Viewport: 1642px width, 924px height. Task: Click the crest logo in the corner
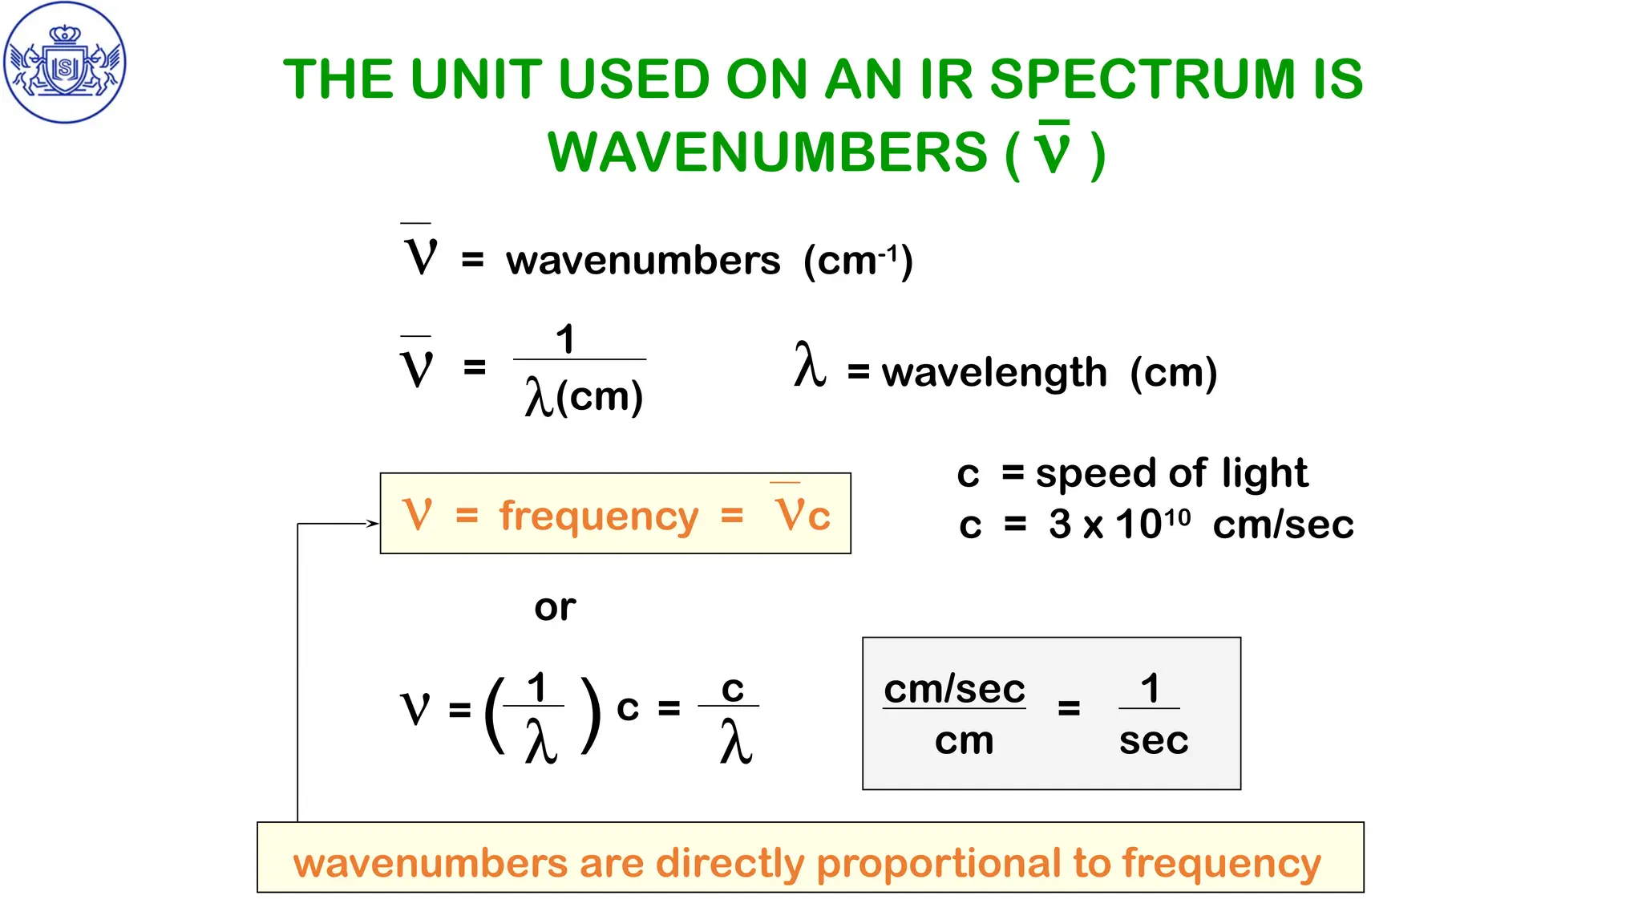point(65,63)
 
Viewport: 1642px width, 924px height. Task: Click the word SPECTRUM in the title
point(1142,79)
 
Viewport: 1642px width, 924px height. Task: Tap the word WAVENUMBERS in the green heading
point(767,152)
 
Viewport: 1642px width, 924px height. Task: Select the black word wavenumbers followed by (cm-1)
point(642,261)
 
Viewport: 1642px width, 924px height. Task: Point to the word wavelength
point(994,373)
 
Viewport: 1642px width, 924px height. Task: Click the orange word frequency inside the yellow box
point(599,516)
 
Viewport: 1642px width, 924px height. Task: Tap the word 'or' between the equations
point(555,607)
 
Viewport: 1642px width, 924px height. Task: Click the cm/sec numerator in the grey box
point(954,689)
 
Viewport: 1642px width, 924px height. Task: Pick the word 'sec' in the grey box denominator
point(1153,740)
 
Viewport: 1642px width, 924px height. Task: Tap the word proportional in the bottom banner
point(938,863)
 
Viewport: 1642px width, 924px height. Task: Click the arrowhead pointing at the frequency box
point(373,524)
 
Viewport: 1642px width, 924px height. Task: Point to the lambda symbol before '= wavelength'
point(810,365)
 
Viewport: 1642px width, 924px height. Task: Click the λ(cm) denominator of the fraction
point(583,397)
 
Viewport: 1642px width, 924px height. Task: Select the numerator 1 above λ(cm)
point(565,339)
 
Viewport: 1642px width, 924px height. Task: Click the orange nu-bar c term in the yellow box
point(802,513)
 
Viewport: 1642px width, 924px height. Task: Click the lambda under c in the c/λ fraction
point(735,742)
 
